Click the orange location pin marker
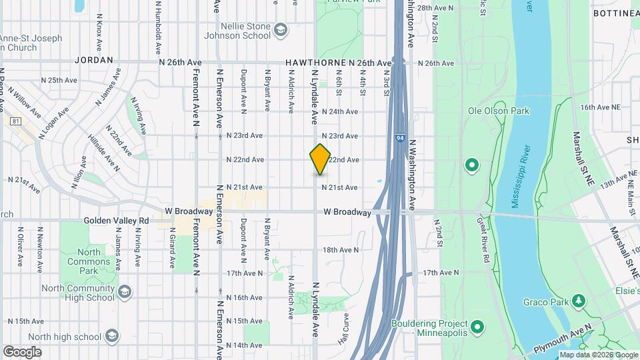pos(320,159)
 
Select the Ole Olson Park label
pos(498,111)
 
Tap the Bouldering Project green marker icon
pos(477,327)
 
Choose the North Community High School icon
pos(125,292)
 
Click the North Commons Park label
pos(89,261)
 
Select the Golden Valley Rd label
pos(117,220)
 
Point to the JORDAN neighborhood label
pos(94,59)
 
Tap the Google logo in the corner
pos(22,351)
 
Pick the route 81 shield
pos(15,121)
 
